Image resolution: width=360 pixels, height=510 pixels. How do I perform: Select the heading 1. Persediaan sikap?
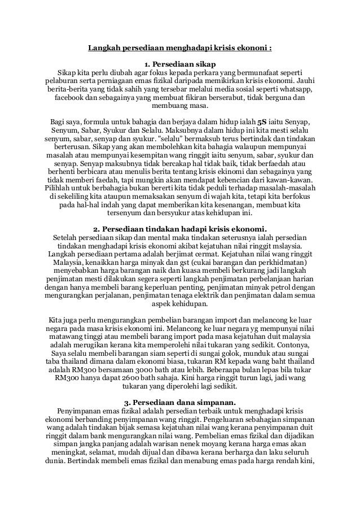point(179,63)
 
